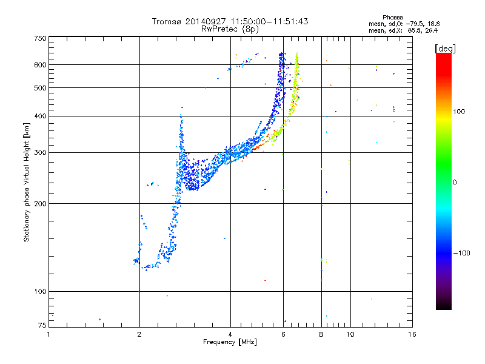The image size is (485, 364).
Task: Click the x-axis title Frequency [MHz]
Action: point(230,343)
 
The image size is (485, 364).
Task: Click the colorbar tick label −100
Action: point(465,252)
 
